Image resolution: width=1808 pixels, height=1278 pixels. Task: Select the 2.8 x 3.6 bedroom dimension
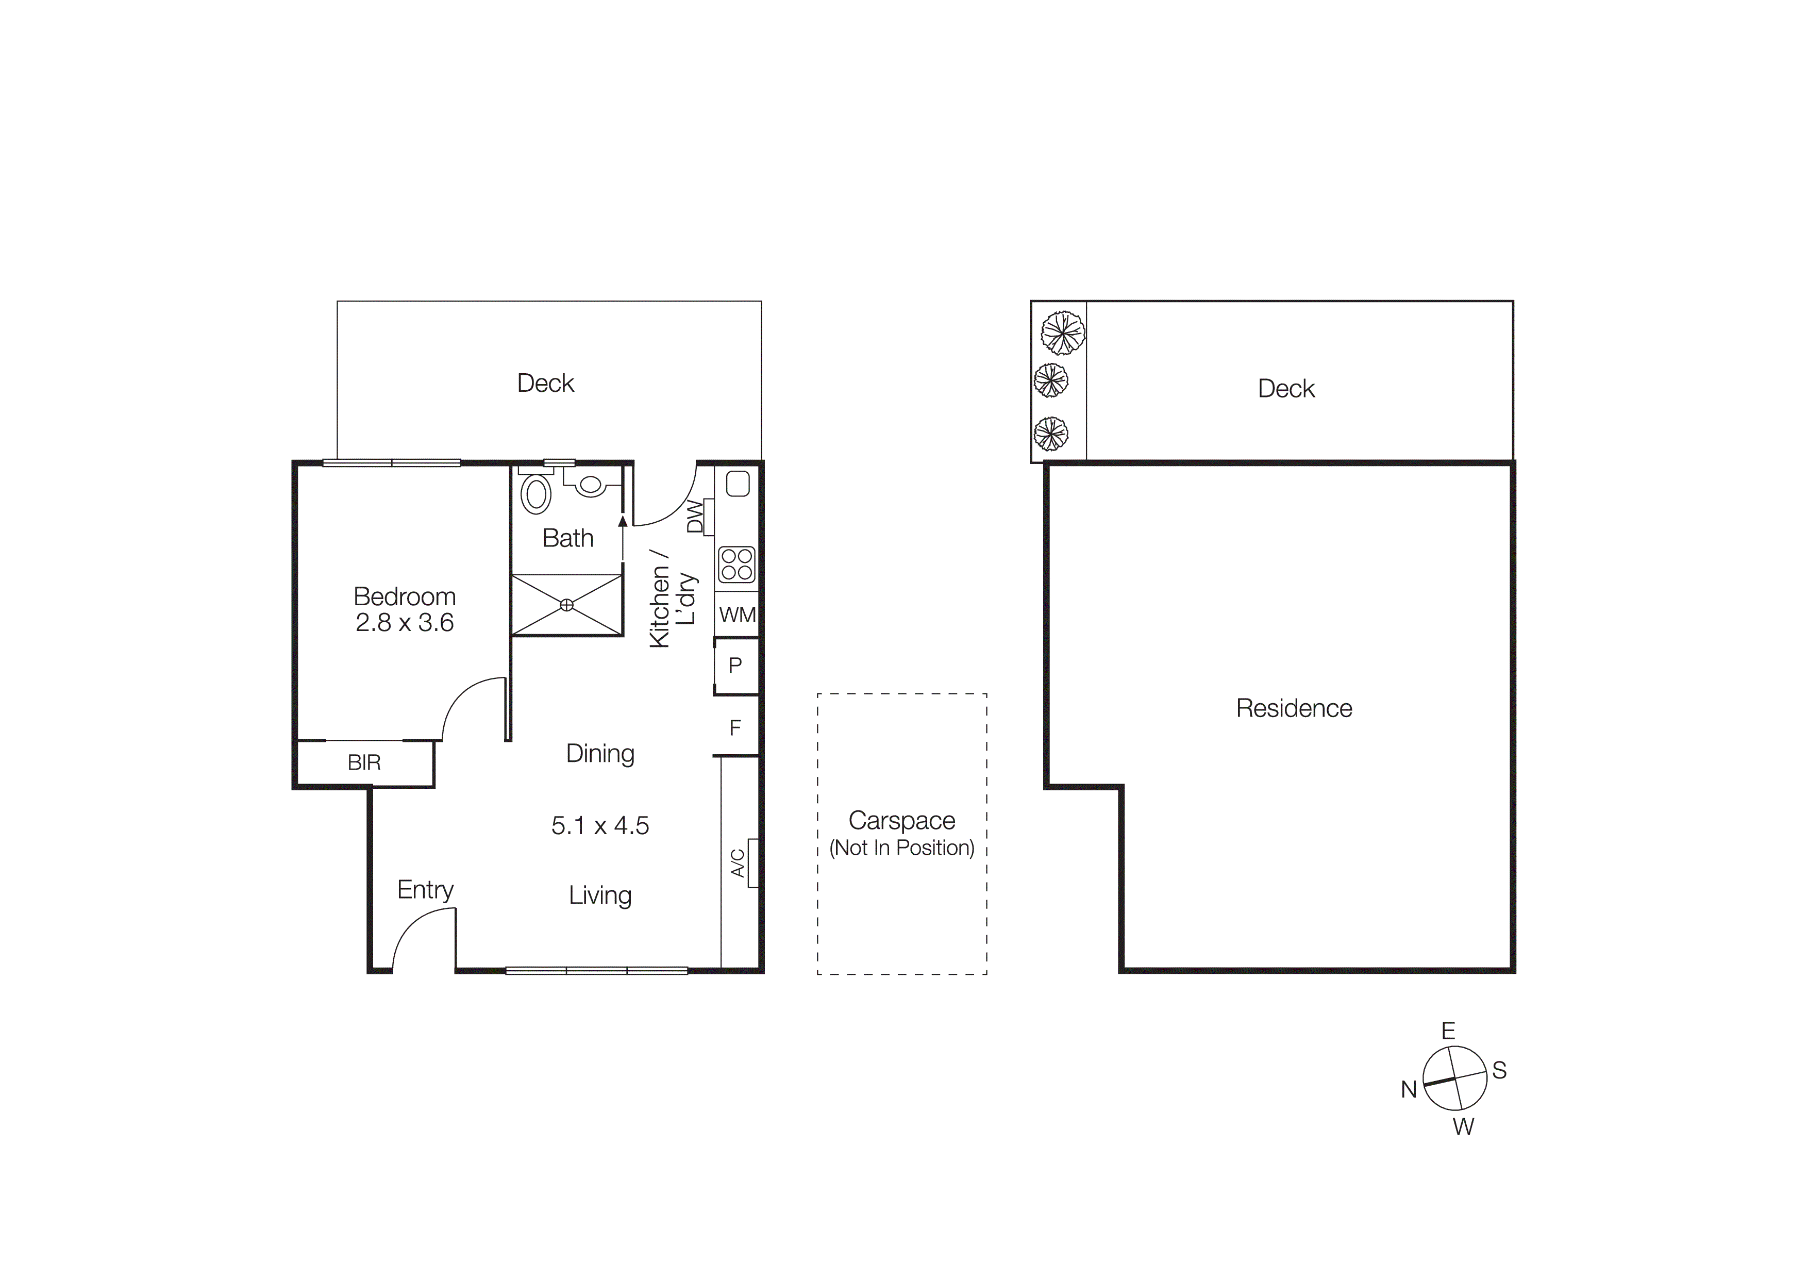404,623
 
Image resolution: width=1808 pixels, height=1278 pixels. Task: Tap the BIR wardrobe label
364,762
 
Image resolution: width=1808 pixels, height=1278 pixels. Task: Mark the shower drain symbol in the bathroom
566,605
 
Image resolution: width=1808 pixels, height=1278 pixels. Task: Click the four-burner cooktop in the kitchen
737,565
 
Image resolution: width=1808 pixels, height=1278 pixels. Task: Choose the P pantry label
735,666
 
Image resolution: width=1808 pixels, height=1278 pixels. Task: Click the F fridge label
735,727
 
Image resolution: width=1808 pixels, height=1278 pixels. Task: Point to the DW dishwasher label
695,517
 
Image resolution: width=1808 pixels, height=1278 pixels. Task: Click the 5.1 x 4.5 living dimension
600,825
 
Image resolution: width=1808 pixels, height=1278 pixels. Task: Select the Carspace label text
901,821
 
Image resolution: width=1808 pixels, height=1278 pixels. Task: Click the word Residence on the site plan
1294,708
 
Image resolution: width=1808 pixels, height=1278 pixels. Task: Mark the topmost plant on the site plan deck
1062,333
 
